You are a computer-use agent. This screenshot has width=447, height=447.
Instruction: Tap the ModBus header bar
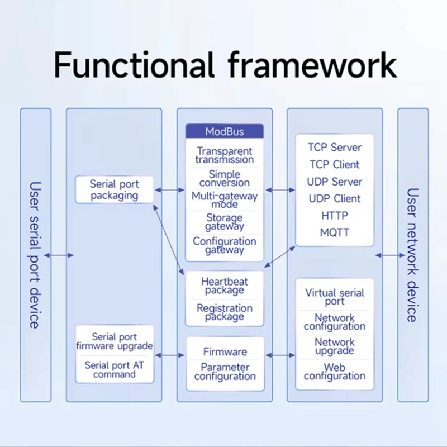[x=224, y=132]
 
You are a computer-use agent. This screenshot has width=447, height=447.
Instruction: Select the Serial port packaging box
[x=115, y=190]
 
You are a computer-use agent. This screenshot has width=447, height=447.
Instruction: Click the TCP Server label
[x=334, y=148]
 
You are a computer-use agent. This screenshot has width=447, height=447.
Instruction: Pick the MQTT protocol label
[x=334, y=232]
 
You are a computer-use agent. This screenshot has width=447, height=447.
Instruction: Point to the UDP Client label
[x=334, y=198]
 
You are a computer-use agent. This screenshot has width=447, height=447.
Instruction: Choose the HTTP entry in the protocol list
[x=334, y=215]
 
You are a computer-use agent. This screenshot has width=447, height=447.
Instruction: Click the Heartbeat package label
[x=224, y=286]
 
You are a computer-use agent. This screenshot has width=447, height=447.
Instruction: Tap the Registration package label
[x=224, y=312]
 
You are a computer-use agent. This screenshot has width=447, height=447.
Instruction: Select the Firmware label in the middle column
[x=225, y=352]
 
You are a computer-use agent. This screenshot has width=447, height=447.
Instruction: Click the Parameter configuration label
[x=225, y=372]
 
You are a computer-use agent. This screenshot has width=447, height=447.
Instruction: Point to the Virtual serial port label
[x=334, y=297]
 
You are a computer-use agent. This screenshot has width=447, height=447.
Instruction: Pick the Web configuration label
[x=334, y=372]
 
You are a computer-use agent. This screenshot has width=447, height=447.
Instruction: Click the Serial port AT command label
[x=114, y=369]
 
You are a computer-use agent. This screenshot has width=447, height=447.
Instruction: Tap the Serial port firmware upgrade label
[x=114, y=341]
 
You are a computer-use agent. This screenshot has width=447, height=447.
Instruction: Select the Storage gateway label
[x=224, y=222]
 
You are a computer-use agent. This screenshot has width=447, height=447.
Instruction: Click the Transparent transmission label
[x=224, y=155]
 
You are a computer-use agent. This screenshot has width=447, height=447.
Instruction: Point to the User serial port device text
[x=35, y=255]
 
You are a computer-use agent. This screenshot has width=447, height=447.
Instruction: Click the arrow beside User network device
[x=390, y=255]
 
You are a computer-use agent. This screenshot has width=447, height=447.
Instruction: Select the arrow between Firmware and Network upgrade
[x=281, y=355]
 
